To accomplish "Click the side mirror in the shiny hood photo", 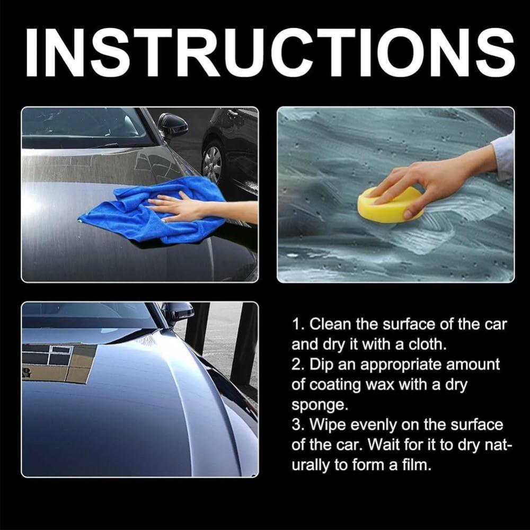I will click(x=178, y=313).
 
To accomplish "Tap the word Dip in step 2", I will click(x=321, y=365).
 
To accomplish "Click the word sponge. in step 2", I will click(x=320, y=405).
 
